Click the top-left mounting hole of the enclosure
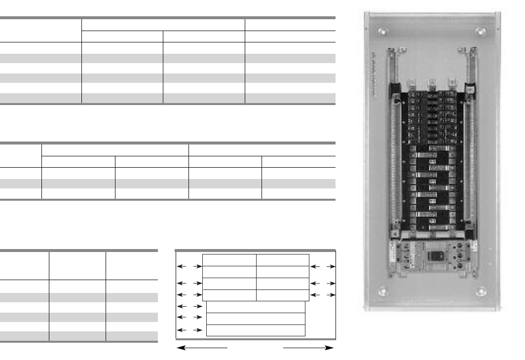point(382,33)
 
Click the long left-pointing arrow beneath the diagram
point(202,348)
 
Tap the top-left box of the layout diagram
point(229,260)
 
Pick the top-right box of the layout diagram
point(283,260)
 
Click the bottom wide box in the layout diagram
point(256,330)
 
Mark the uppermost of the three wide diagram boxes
point(256,307)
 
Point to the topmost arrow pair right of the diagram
point(323,267)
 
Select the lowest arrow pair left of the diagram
point(189,329)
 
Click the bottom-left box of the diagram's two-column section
point(229,295)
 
